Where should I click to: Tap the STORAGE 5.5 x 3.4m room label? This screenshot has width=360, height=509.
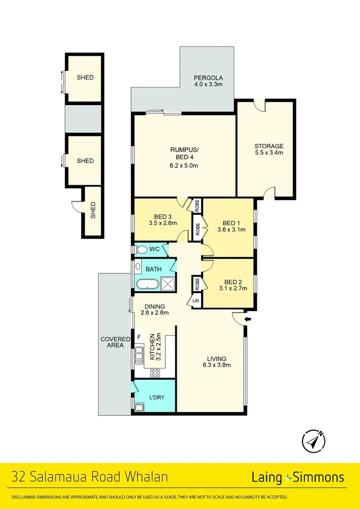(269, 149)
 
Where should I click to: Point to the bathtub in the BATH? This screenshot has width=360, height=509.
(147, 284)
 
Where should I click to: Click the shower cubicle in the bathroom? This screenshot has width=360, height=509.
(168, 284)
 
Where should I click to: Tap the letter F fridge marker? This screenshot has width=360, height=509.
(139, 337)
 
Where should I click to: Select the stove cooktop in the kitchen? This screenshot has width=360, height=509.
(155, 373)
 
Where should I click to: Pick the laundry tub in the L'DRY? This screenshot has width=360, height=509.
(139, 408)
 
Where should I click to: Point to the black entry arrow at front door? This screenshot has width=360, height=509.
(248, 320)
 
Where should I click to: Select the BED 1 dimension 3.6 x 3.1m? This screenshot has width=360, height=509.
(232, 230)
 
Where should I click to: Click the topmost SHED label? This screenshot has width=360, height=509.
(85, 78)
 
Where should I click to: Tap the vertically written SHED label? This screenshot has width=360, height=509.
(93, 210)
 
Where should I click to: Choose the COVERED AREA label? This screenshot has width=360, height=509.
(112, 342)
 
